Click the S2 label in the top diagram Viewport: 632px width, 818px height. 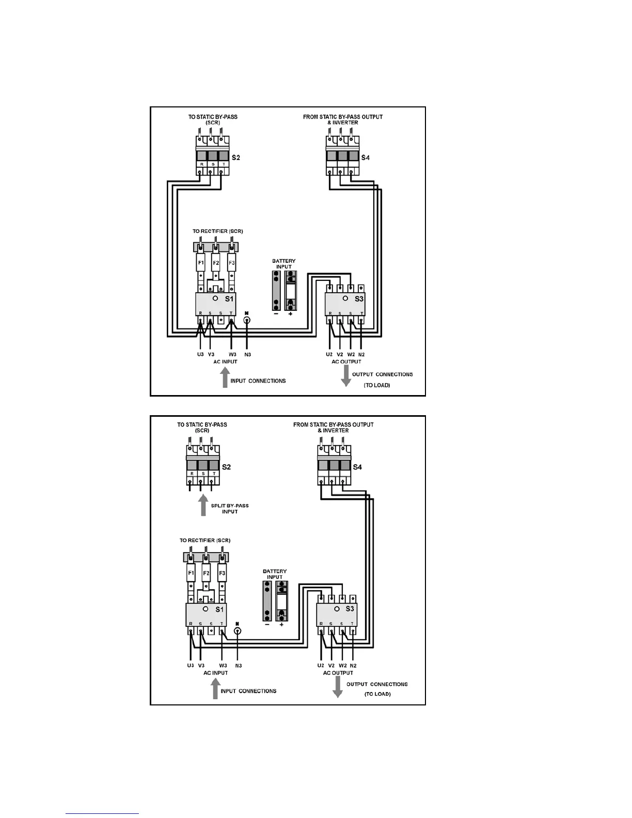point(235,158)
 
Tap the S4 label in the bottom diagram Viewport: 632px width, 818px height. point(357,467)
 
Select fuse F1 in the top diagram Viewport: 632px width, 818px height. point(201,263)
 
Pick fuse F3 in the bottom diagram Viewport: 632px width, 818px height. point(222,573)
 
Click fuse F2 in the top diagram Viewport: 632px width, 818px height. point(216,263)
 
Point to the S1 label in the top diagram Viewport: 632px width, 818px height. point(229,299)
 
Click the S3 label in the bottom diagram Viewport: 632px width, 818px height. point(350,609)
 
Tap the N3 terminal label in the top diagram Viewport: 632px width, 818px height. point(248,355)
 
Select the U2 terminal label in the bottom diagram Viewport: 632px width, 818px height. point(321,666)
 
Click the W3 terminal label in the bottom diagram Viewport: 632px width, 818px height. point(223,666)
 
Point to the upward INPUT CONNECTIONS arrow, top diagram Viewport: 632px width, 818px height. point(225,377)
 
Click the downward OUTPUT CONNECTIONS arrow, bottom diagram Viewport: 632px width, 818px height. point(337,687)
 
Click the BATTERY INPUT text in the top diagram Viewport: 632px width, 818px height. point(283,264)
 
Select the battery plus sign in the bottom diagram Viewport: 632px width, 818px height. point(281,625)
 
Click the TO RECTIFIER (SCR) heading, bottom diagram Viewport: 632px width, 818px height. point(205,540)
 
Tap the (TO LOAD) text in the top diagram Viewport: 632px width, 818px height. point(376,385)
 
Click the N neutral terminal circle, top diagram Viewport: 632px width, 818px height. point(247,321)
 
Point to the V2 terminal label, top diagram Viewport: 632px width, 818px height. point(340,355)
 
